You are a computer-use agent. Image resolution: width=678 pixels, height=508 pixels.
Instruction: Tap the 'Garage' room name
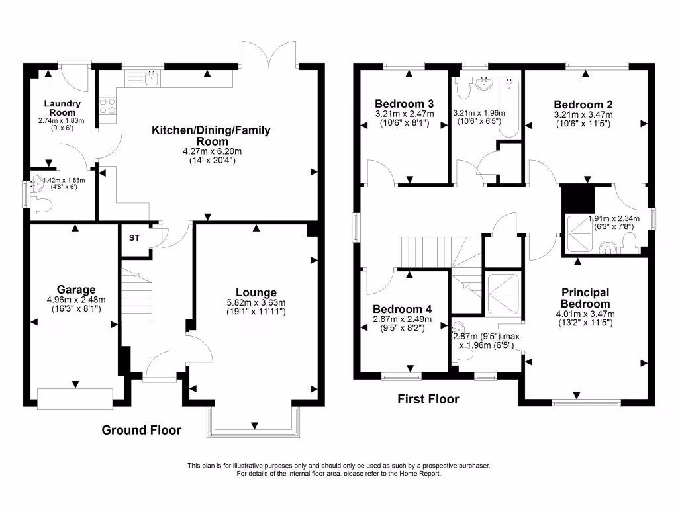pyautogui.click(x=76, y=290)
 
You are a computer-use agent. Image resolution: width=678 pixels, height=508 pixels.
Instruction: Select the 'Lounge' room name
pyautogui.click(x=256, y=292)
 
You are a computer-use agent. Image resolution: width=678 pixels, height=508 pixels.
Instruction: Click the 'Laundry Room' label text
pyautogui.click(x=63, y=108)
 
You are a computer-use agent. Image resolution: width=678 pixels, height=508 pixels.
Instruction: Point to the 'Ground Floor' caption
pyautogui.click(x=141, y=431)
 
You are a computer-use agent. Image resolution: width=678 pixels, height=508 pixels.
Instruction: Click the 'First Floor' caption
pyautogui.click(x=428, y=399)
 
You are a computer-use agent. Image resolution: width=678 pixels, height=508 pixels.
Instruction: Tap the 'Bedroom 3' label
pyautogui.click(x=404, y=104)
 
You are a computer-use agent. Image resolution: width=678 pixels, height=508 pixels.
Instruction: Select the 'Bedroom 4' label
pyautogui.click(x=402, y=309)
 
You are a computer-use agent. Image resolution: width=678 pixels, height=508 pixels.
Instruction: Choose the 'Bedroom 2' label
pyautogui.click(x=583, y=104)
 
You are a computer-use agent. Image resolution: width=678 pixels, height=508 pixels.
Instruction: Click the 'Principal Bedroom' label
pyautogui.click(x=585, y=298)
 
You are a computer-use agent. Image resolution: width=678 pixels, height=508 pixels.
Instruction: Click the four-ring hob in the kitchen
pyautogui.click(x=107, y=106)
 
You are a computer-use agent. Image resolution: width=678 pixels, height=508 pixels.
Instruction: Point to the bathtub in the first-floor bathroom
pyautogui.click(x=508, y=108)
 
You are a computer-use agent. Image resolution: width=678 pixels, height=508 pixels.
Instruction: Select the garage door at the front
pyautogui.click(x=75, y=399)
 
